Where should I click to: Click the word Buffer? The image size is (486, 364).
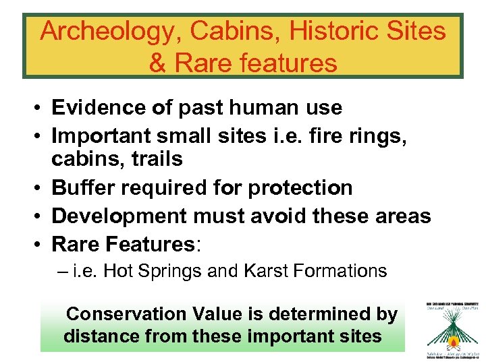78,187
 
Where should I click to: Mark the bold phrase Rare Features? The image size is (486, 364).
122,243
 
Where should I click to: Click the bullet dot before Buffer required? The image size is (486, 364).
41,188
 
